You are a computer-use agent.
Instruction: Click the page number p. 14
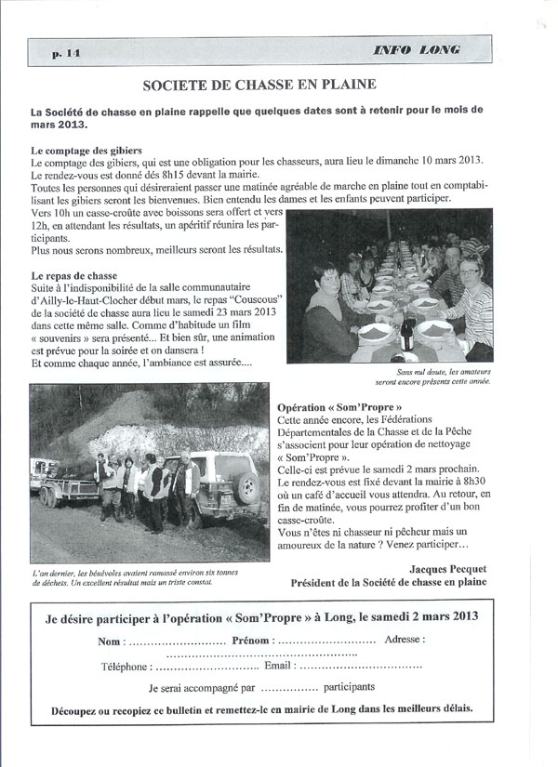point(68,54)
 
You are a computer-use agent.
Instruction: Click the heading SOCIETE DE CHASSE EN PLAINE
point(259,85)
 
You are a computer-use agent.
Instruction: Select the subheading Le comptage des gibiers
point(86,150)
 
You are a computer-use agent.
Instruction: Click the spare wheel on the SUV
point(247,485)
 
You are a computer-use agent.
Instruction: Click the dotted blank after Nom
point(176,641)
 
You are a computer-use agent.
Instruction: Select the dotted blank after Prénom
point(325,641)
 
